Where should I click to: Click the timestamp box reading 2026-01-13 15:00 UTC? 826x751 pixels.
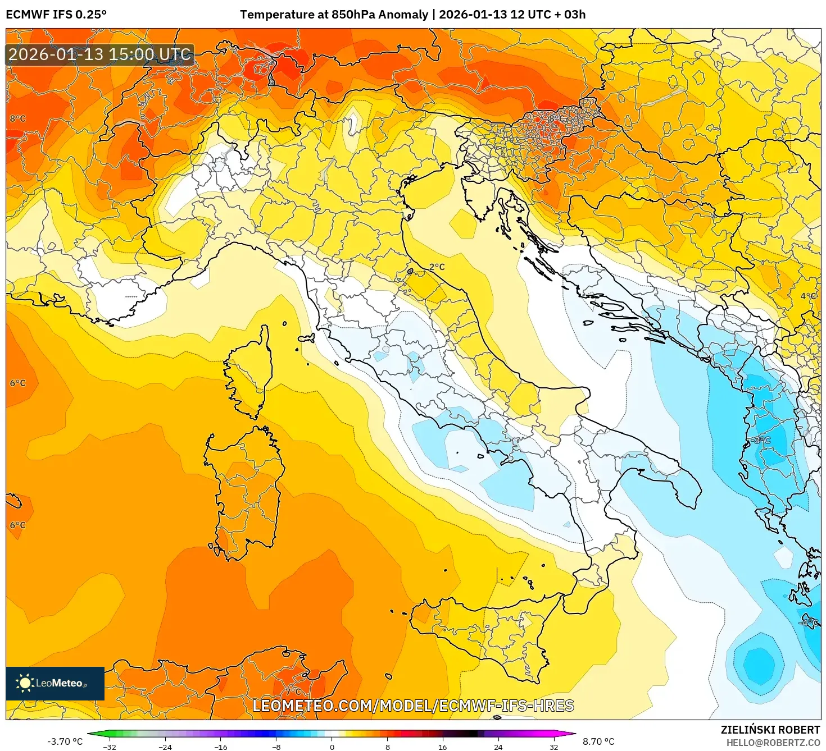100,54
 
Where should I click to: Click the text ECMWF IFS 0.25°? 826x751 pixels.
56,15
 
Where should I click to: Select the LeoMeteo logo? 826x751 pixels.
55,683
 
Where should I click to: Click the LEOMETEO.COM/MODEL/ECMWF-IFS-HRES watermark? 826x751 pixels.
413,706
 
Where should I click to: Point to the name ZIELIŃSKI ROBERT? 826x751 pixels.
770,730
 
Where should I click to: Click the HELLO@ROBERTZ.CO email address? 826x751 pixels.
773,743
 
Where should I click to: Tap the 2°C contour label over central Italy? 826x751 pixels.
437,267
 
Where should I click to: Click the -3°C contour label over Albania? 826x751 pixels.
761,440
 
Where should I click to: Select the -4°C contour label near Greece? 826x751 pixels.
808,622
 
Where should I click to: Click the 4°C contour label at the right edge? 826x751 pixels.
808,296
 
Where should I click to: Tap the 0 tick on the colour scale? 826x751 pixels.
332,747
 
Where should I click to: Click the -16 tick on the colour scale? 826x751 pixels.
221,747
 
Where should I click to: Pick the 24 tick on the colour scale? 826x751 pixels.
498,747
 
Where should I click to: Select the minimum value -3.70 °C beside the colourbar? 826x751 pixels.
65,741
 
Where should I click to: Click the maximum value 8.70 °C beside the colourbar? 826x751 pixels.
598,741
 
